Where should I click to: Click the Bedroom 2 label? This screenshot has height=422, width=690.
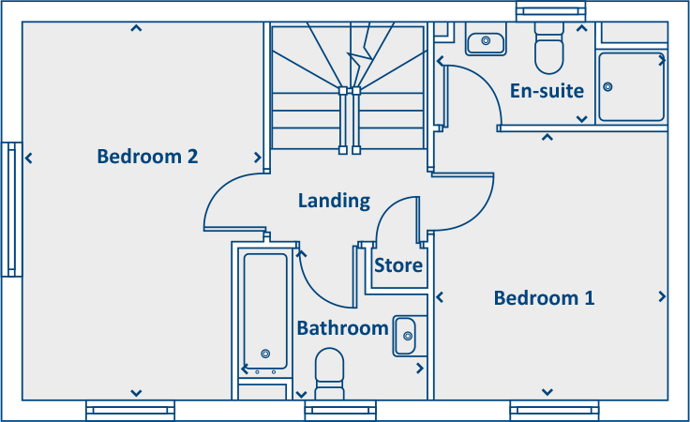coord(147,157)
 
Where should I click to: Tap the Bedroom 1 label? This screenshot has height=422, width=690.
coord(544,298)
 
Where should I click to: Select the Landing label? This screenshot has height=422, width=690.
coord(334,201)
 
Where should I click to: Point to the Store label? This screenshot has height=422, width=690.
coord(398,265)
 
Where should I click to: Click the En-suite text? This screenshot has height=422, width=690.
coord(547,91)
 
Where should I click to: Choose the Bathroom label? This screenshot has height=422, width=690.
coord(342,328)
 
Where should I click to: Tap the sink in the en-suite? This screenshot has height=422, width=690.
coord(486,40)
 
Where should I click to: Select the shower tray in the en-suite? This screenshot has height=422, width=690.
coord(631,86)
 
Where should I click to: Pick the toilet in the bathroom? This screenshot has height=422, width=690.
coord(330,372)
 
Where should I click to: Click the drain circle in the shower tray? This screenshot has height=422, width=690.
coord(608,87)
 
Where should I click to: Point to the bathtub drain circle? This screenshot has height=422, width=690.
coord(265,354)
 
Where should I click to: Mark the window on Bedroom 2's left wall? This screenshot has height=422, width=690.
coord(12,209)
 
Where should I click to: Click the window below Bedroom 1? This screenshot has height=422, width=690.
coord(554,410)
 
